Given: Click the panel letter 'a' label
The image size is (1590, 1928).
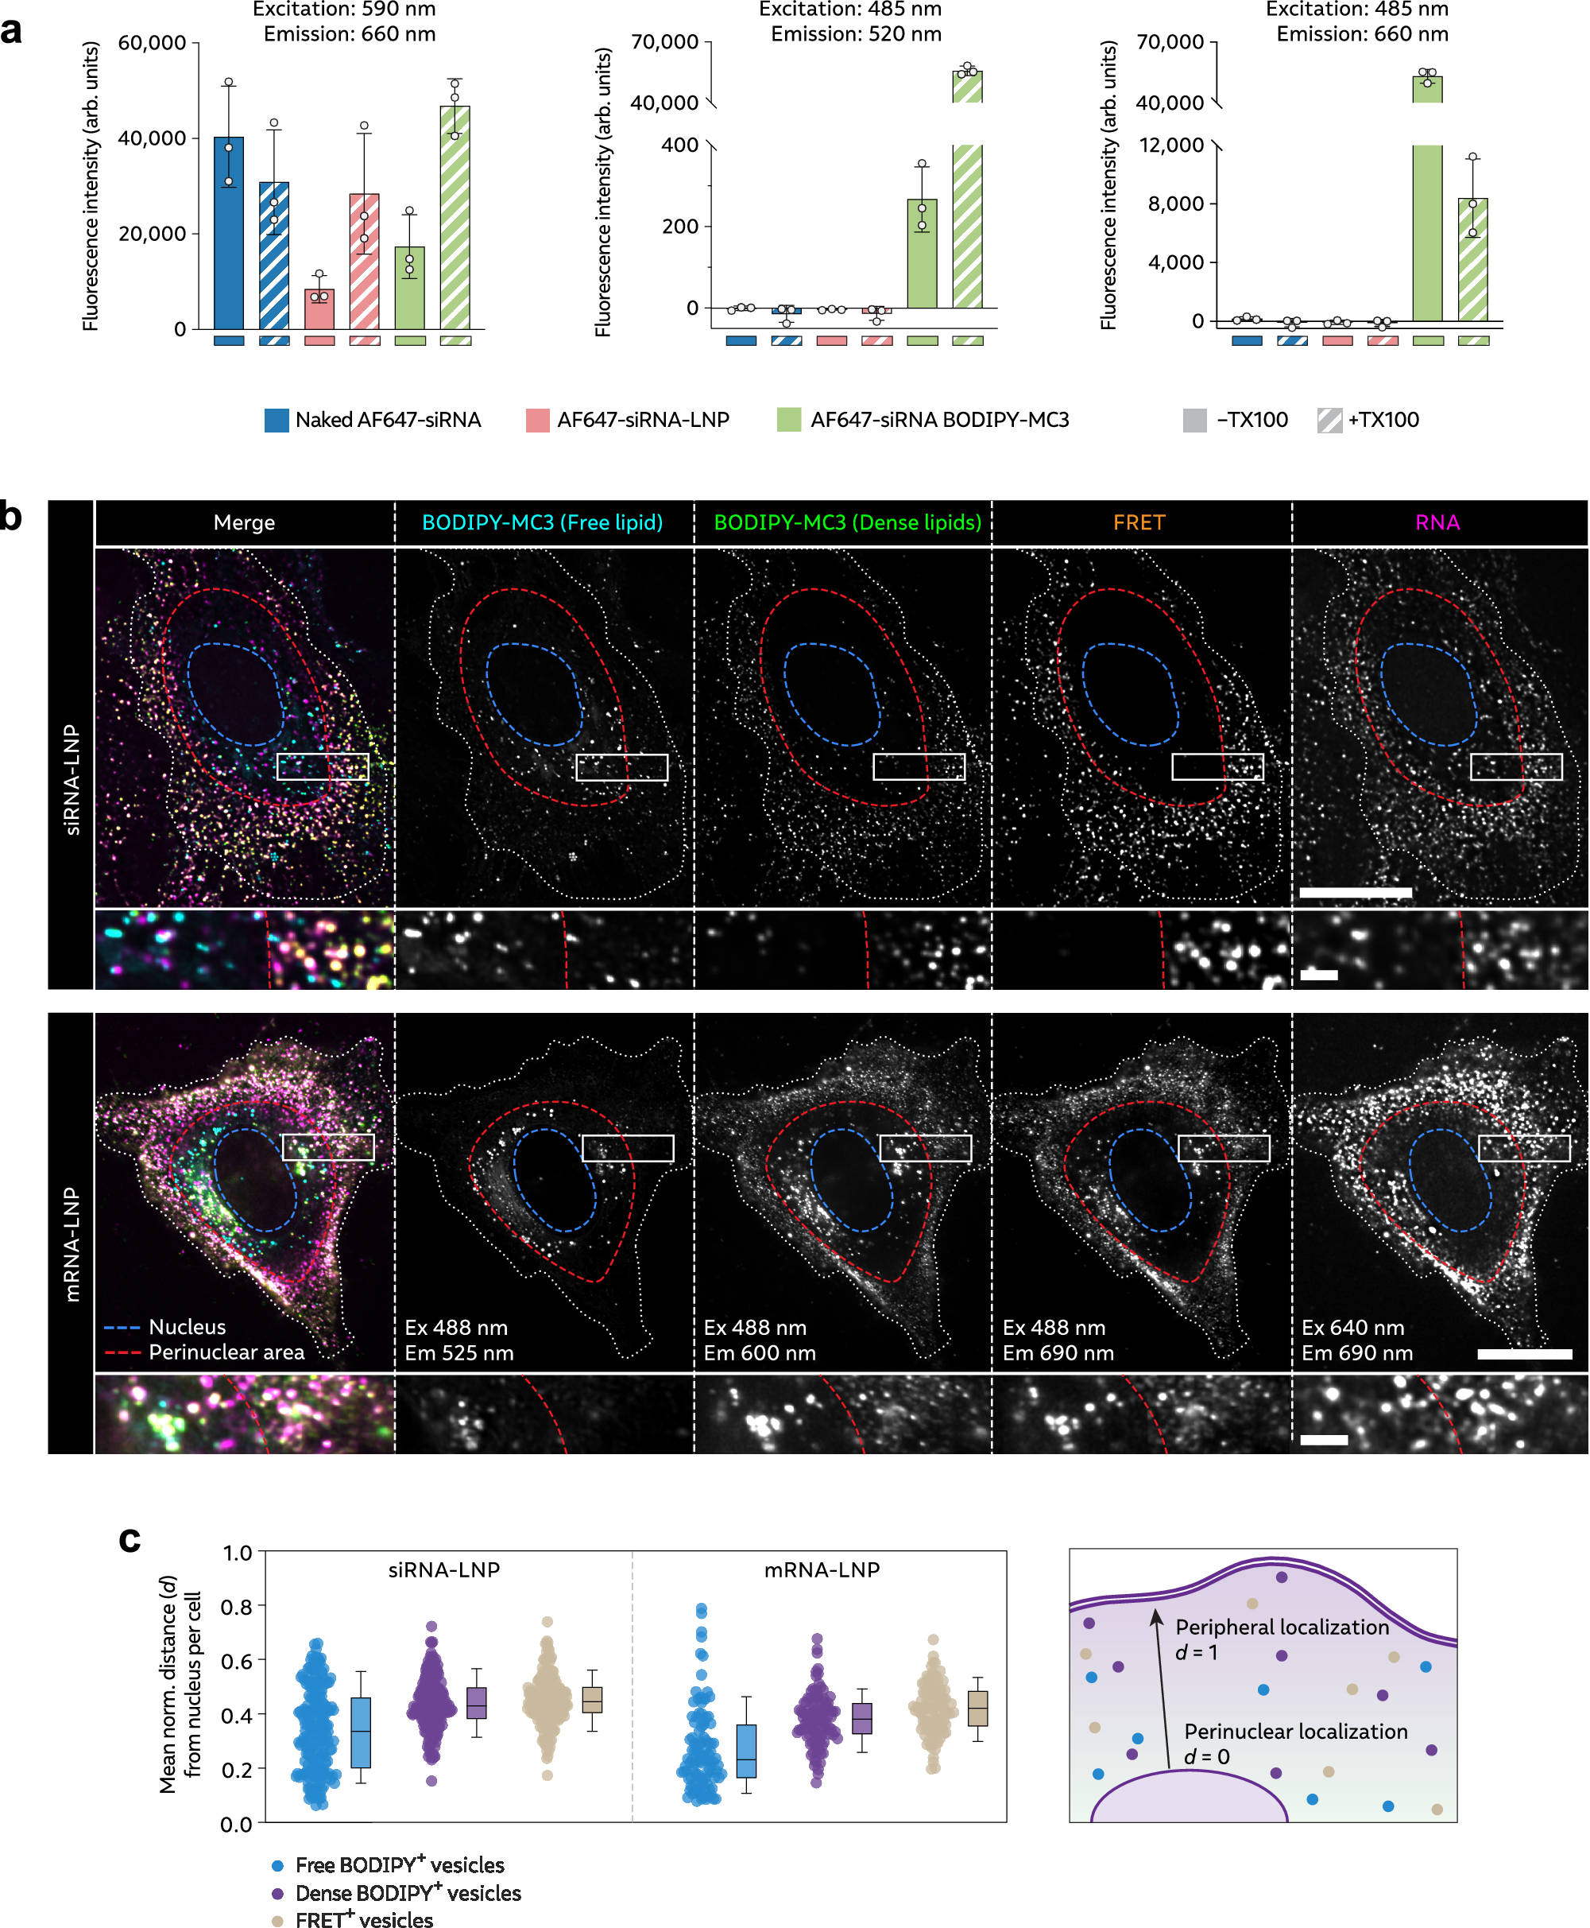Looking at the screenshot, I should click(12, 30).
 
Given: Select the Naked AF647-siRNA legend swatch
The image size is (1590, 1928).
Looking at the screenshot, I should click(276, 420).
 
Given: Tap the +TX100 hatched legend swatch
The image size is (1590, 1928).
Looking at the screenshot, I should click(1329, 420).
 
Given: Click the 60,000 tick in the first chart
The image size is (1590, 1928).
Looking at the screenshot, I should click(152, 43).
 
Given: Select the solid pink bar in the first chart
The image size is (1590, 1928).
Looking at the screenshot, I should click(319, 308).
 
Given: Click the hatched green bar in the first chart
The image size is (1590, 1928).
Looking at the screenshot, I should click(455, 217).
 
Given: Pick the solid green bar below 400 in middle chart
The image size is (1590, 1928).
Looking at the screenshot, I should click(922, 254).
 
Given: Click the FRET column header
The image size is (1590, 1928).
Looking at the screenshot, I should click(1139, 522).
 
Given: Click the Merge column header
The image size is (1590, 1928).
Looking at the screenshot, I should click(244, 522).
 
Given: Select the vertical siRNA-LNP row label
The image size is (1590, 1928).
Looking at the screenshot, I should click(72, 779).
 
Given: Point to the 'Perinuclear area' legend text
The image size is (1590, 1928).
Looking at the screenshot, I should click(226, 1352).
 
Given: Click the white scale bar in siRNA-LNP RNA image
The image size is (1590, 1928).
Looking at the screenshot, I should click(1355, 891).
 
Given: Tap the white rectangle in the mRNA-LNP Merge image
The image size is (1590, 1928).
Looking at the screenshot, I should click(328, 1147).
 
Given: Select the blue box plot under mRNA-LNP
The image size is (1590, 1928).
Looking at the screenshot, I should click(746, 1750).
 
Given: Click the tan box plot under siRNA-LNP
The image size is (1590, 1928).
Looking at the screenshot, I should click(593, 1699).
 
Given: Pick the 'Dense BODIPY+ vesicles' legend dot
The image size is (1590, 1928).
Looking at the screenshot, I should click(277, 1892).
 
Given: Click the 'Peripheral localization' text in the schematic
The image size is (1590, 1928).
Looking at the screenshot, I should click(1282, 1627).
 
